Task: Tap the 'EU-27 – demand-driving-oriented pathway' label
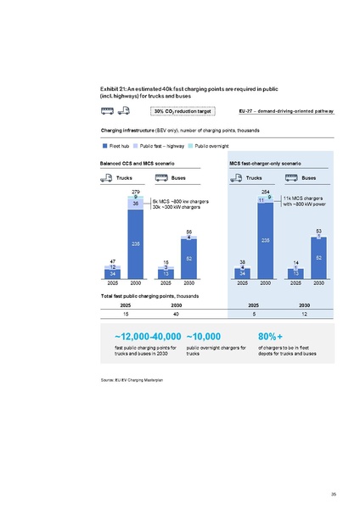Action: [x=285, y=110]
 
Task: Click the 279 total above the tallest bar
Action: [x=136, y=193]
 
